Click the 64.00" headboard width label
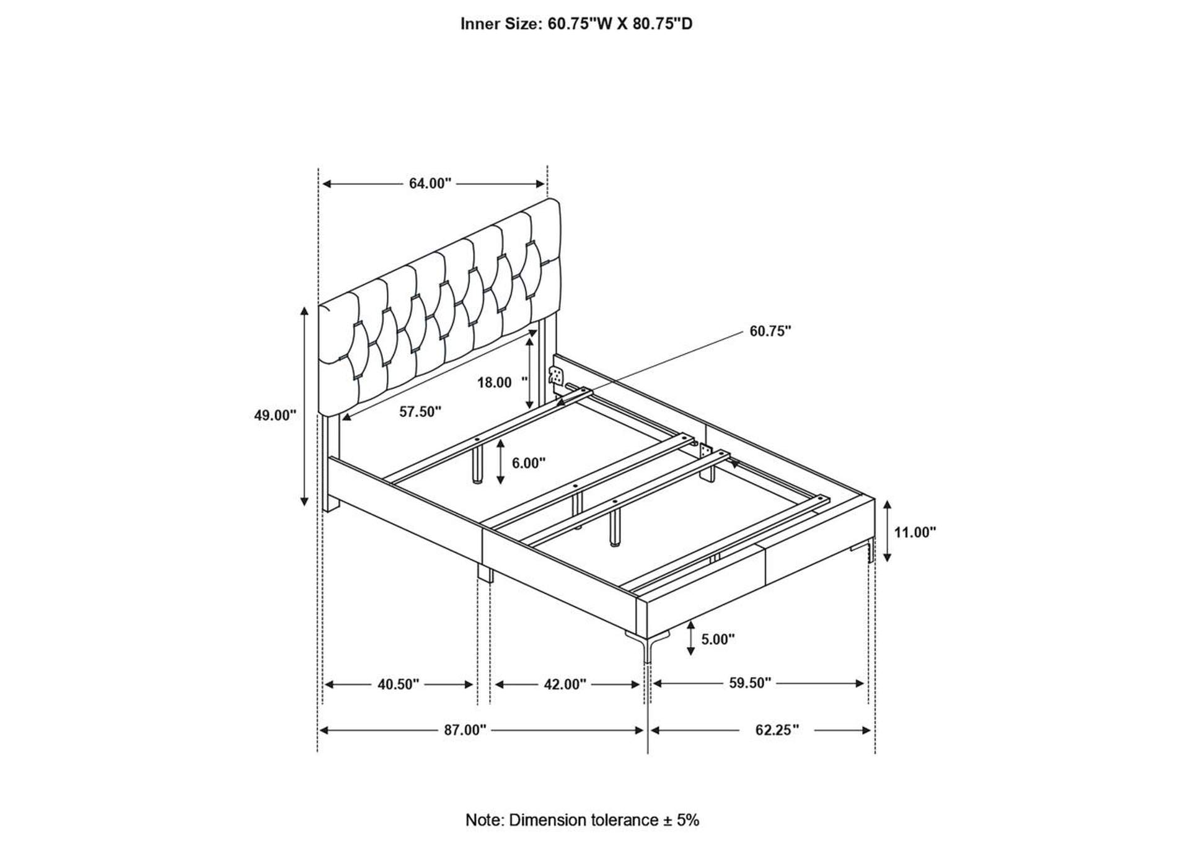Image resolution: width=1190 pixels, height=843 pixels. (x=430, y=183)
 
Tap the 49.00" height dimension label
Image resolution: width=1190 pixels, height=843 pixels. (x=275, y=415)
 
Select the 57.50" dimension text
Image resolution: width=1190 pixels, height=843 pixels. (x=420, y=411)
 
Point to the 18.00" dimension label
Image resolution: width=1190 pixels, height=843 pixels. (x=502, y=382)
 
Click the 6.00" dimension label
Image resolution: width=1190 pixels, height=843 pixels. (x=528, y=463)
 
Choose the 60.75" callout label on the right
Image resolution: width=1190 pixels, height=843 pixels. (x=770, y=331)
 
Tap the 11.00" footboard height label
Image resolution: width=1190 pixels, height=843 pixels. (x=915, y=531)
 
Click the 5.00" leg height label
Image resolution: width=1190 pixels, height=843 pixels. (x=718, y=639)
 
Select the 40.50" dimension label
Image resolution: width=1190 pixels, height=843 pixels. (x=399, y=684)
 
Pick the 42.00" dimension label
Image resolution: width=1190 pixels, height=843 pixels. (x=565, y=684)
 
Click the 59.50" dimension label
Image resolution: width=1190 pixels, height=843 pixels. (x=749, y=683)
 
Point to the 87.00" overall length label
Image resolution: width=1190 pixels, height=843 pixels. (x=465, y=730)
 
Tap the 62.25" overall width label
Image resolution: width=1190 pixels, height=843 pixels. (x=777, y=730)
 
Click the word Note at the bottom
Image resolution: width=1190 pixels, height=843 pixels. (x=484, y=820)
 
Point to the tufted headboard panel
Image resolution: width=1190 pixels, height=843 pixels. (x=440, y=307)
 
